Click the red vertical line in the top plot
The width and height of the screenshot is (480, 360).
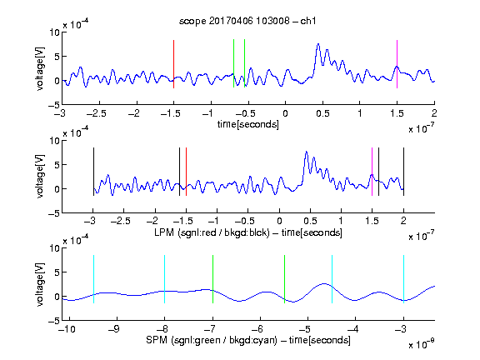click(173, 64)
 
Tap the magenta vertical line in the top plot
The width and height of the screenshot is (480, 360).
click(397, 64)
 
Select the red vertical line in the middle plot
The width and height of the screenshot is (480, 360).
click(186, 172)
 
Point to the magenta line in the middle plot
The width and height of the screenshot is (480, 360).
click(372, 172)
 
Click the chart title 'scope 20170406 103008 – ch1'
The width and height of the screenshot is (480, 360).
click(247, 21)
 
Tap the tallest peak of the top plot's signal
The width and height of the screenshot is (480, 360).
click(318, 44)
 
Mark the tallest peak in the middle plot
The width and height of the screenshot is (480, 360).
click(306, 152)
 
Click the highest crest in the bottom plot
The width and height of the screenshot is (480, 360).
click(324, 283)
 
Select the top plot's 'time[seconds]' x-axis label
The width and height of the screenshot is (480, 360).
click(248, 124)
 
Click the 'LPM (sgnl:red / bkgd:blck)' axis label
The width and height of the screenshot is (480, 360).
click(212, 232)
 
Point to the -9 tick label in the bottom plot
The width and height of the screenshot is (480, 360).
click(114, 329)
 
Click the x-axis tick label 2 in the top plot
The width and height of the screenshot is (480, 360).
click(434, 113)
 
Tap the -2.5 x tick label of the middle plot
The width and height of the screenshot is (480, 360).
click(121, 221)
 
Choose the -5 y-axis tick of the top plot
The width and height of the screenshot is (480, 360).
click(54, 105)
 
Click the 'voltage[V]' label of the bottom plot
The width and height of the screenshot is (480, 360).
click(40, 284)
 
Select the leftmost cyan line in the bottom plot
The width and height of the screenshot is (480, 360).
click(93, 279)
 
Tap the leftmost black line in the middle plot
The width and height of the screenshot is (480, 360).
click(93, 172)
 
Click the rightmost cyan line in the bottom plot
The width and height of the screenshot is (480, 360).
click(404, 279)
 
